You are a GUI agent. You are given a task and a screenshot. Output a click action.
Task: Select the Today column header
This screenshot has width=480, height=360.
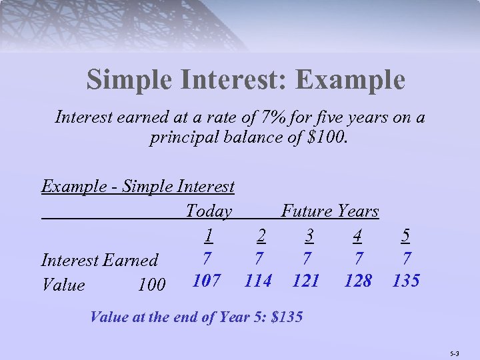tap(209, 212)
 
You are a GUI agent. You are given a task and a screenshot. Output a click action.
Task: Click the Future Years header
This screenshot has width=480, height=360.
tap(329, 212)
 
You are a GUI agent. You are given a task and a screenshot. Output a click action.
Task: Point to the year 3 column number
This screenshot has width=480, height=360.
tap(309, 235)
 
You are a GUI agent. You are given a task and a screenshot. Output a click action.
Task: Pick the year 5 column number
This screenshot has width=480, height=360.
tap(406, 235)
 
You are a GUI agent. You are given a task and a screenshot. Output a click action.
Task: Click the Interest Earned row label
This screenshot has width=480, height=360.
tap(99, 260)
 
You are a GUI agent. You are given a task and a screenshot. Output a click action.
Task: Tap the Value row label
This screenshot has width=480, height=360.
tap(63, 285)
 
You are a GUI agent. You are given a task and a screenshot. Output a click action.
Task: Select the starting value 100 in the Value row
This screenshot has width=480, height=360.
tap(151, 285)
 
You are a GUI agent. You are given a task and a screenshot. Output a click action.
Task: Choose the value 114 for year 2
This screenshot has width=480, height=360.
tap(257, 281)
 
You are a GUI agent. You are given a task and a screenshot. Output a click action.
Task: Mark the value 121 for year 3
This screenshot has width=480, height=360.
tap(306, 281)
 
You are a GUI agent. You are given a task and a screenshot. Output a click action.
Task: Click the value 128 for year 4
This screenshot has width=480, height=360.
tap(357, 281)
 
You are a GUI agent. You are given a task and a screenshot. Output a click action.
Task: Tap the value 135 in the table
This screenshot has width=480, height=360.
tap(405, 281)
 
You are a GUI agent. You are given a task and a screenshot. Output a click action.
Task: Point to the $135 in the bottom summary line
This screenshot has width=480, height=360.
tap(288, 317)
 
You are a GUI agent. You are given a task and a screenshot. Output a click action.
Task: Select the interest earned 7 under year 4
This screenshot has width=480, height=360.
tap(358, 257)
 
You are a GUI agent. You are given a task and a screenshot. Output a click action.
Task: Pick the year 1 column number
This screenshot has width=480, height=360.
tap(209, 235)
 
